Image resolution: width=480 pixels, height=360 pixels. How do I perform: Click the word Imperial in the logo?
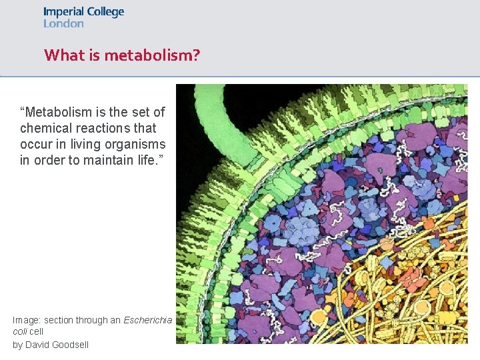(63, 12)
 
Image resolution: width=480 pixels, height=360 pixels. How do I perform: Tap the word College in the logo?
(105, 13)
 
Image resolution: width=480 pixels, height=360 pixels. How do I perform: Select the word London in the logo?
(63, 24)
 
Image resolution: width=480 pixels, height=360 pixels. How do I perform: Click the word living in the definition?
(84, 144)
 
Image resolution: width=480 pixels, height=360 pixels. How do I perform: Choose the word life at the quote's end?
(145, 160)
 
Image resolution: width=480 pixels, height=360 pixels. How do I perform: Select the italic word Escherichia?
(147, 321)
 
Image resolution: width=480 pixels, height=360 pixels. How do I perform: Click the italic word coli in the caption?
(19, 331)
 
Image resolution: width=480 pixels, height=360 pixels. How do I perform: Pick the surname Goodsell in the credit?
(71, 345)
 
